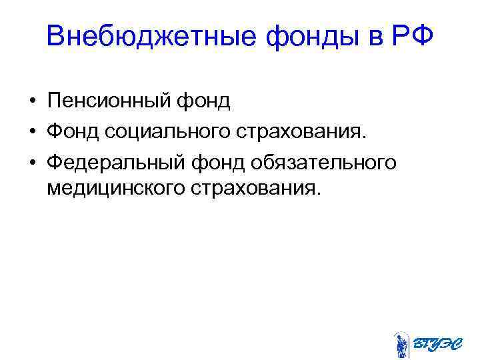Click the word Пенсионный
click(x=109, y=101)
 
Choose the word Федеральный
click(x=117, y=161)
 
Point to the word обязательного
click(x=327, y=161)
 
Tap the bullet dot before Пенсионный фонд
click(x=31, y=102)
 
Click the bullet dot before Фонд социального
click(x=31, y=131)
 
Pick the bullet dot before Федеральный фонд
click(x=31, y=161)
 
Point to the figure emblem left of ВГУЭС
click(x=401, y=343)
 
